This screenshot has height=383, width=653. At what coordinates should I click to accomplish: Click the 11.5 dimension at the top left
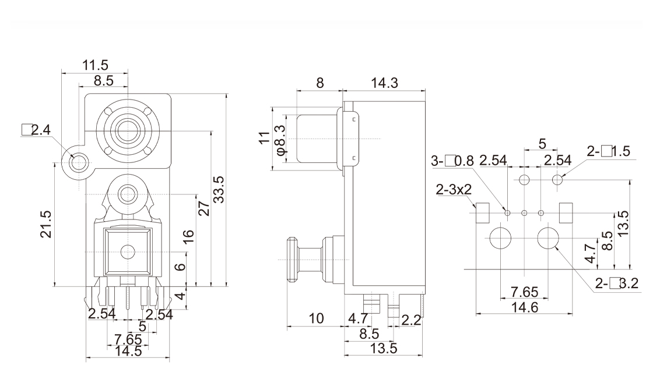point(97,65)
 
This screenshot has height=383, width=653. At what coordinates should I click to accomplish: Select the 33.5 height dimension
point(219,189)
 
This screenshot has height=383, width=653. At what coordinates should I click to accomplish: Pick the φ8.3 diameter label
point(280,139)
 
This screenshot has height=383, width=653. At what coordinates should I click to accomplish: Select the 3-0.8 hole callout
point(452,161)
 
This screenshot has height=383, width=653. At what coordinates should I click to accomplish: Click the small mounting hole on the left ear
point(77,160)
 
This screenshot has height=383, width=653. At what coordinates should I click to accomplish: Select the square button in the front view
point(127,251)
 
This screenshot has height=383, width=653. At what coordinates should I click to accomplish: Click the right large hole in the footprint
point(548,239)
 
